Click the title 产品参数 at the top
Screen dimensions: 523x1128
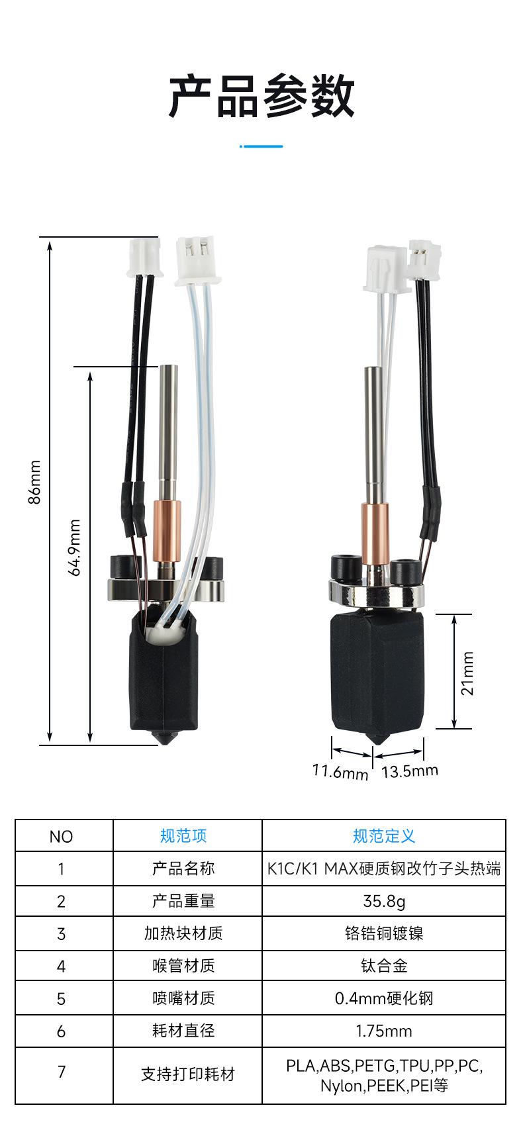click(261, 96)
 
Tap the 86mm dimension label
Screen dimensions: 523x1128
click(34, 481)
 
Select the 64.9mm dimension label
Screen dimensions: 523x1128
click(74, 547)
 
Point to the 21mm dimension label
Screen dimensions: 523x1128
click(467, 673)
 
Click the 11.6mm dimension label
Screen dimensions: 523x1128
click(340, 771)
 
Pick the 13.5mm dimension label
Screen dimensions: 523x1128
click(410, 771)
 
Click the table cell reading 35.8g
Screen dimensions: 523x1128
click(384, 901)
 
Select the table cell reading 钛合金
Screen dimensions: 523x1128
click(384, 965)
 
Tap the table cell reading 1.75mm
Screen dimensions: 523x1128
click(384, 1031)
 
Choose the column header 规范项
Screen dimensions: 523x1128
click(183, 836)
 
